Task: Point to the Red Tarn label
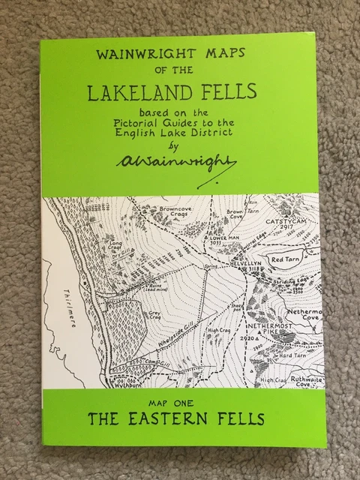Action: (289, 257)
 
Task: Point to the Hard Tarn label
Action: (289, 355)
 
